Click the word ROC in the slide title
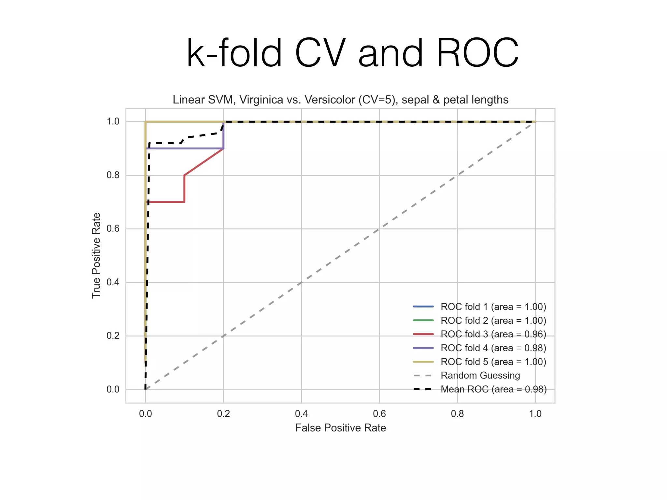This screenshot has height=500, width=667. click(x=477, y=53)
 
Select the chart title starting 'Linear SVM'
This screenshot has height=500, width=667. click(x=340, y=100)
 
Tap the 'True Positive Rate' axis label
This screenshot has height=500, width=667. click(x=96, y=256)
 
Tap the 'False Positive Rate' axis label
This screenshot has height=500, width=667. click(x=340, y=428)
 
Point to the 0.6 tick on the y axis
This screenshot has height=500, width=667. click(x=113, y=229)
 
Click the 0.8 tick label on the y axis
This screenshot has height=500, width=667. click(x=113, y=175)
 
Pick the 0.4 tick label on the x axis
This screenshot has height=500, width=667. click(x=301, y=414)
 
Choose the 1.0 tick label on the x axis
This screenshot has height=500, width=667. click(x=535, y=414)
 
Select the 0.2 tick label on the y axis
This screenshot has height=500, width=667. click(x=113, y=336)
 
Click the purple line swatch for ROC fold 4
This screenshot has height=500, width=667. click(x=423, y=348)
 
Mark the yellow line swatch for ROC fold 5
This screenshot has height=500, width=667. click(x=423, y=362)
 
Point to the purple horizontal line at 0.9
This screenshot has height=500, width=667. click(x=186, y=148)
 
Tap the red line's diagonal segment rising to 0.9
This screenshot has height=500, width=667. click(x=204, y=162)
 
